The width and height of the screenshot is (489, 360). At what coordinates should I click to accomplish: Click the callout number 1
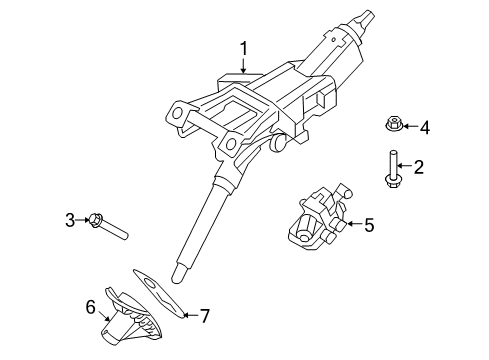click(x=241, y=47)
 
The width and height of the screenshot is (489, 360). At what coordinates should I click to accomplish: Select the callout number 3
click(x=71, y=219)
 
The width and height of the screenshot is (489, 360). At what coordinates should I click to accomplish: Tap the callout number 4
click(x=424, y=127)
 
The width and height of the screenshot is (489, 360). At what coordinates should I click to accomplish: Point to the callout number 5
click(x=369, y=226)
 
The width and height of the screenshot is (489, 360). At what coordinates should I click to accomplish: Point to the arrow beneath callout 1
click(x=241, y=67)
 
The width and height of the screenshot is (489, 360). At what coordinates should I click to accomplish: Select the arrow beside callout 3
click(x=84, y=219)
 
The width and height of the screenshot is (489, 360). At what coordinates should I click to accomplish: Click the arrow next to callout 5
click(x=354, y=226)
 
